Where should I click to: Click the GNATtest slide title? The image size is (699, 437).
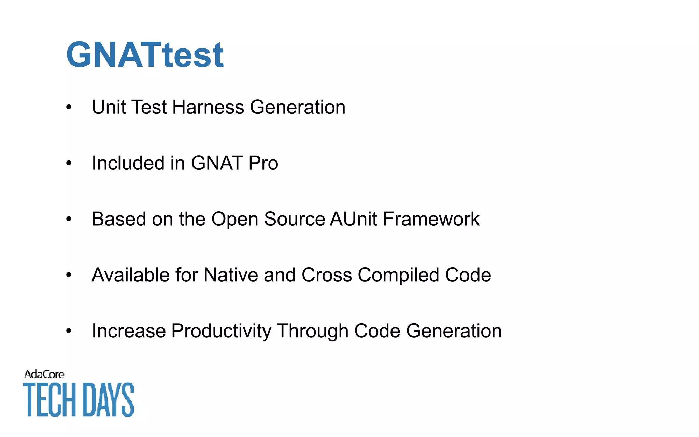click(x=145, y=55)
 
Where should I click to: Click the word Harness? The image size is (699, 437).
click(x=208, y=107)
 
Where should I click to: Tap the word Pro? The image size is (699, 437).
click(x=263, y=163)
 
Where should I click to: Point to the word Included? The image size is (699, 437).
click(x=128, y=163)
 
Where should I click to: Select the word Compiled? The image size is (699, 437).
click(x=398, y=275)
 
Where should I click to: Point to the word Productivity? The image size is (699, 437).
click(x=221, y=331)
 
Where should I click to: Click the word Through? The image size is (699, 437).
click(x=313, y=331)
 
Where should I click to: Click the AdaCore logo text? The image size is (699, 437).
click(x=44, y=375)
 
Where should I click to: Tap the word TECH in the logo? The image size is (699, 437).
click(x=50, y=400)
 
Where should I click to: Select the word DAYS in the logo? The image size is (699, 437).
click(x=109, y=400)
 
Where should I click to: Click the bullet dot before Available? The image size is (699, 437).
click(x=69, y=275)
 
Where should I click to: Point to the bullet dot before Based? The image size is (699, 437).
click(x=69, y=219)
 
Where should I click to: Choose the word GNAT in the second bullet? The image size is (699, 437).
click(x=217, y=163)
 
